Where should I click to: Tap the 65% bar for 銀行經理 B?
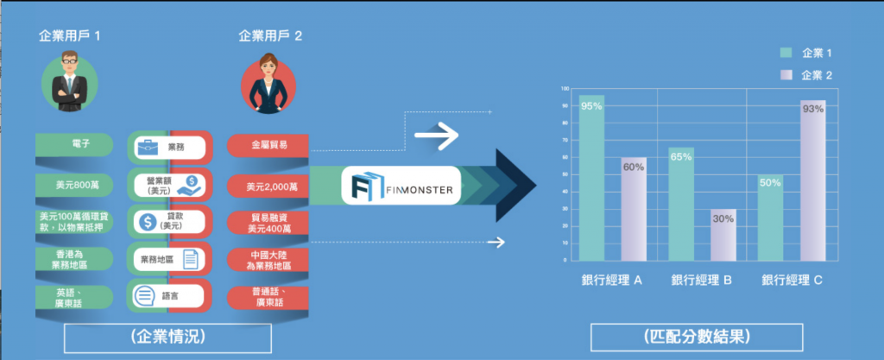[x=681, y=204]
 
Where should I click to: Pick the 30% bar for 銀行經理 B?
[x=723, y=234]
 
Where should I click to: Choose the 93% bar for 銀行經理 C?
[x=812, y=180]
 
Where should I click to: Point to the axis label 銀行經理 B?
[x=702, y=280]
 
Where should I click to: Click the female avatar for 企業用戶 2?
[x=269, y=82]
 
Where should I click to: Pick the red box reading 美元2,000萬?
[x=268, y=186]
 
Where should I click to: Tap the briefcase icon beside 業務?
[x=147, y=148]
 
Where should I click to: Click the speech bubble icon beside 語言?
[x=145, y=296]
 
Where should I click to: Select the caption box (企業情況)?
[x=161, y=337]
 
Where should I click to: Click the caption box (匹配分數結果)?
[x=696, y=336]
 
